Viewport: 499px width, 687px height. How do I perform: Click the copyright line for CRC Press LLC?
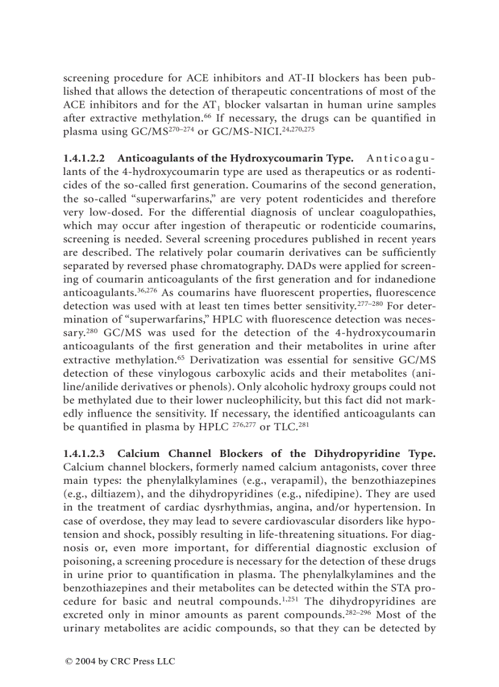click(120, 661)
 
